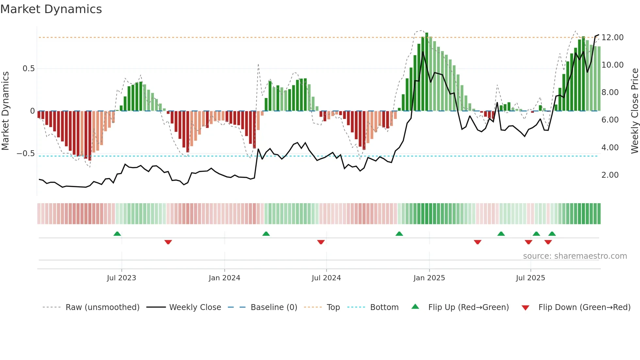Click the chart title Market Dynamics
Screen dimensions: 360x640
(x=51, y=9)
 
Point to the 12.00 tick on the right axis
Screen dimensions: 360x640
(x=612, y=38)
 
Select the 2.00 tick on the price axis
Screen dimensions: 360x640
(x=610, y=175)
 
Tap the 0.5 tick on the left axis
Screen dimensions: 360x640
(x=28, y=69)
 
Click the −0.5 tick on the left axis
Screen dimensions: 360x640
(x=26, y=154)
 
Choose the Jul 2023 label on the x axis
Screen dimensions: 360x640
(x=121, y=278)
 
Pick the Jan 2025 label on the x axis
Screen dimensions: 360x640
(x=429, y=278)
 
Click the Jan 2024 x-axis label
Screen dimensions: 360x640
(x=224, y=278)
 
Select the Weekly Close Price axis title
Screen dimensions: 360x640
(x=634, y=111)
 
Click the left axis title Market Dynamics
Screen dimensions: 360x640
(x=5, y=111)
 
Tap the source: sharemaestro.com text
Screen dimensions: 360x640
(x=575, y=256)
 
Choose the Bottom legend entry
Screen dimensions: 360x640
(x=384, y=307)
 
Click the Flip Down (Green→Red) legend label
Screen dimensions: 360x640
(x=584, y=307)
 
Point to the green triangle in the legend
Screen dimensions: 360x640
(x=415, y=307)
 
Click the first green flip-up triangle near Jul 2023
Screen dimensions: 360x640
(x=117, y=234)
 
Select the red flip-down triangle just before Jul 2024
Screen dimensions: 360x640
(x=321, y=242)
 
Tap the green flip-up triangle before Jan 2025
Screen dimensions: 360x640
(x=399, y=234)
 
